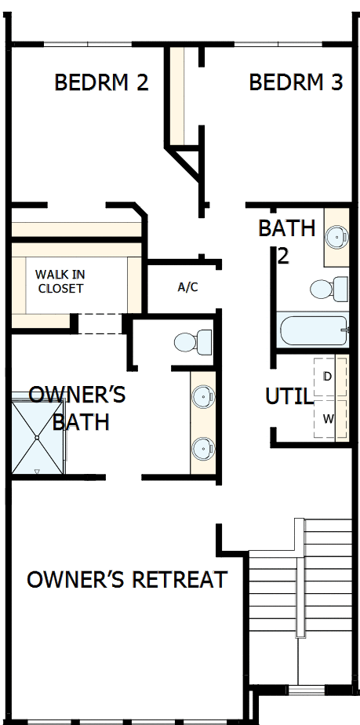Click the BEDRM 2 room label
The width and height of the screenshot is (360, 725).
(101, 82)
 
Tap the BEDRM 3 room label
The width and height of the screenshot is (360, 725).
(296, 82)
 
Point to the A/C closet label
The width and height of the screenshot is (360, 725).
(187, 287)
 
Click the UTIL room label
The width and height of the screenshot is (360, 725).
(289, 396)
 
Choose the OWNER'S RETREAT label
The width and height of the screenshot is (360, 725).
(127, 580)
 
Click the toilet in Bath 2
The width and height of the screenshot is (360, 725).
(329, 289)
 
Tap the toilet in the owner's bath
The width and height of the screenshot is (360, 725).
(193, 342)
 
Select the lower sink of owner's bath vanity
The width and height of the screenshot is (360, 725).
(203, 449)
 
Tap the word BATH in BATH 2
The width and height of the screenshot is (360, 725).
(286, 229)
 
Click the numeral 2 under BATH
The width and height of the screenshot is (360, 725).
(284, 256)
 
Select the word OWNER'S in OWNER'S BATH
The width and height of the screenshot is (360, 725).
(77, 393)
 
